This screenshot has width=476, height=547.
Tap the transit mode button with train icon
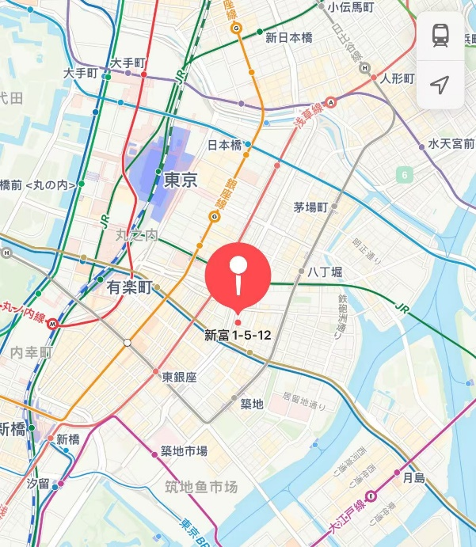click(440, 35)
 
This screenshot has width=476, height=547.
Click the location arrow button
click(440, 84)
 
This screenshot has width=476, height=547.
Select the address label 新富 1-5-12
click(238, 335)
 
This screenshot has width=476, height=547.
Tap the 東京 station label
click(180, 180)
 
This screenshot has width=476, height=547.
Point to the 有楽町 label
click(129, 288)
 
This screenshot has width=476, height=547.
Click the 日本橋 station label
click(224, 146)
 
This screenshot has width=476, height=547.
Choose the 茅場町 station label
click(310, 207)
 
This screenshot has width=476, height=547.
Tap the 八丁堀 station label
click(325, 272)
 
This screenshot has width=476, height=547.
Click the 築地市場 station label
click(184, 451)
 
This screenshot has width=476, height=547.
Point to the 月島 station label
click(414, 477)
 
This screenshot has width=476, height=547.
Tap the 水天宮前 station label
click(451, 144)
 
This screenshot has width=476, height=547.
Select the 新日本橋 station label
click(288, 36)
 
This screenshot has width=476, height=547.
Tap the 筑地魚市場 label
click(201, 487)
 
